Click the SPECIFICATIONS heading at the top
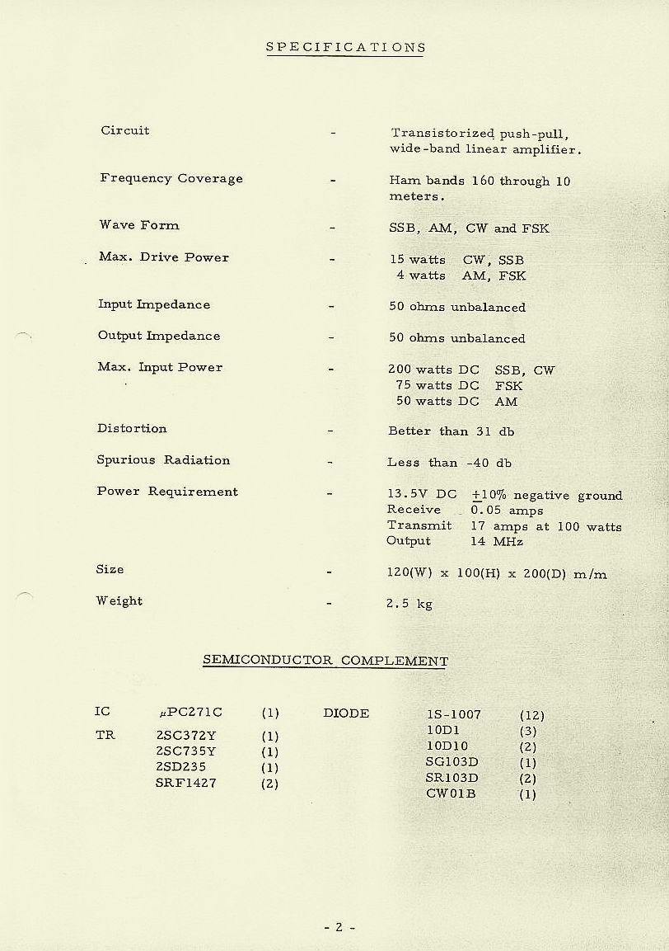click(345, 47)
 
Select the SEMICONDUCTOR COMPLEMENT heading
click(325, 661)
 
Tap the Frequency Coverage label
click(171, 178)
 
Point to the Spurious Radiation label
click(163, 460)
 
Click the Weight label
click(119, 601)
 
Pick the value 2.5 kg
click(409, 604)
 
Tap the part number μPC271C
click(190, 713)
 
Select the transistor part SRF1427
click(185, 783)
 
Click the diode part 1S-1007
click(453, 715)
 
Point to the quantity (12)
click(532, 716)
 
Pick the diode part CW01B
click(451, 794)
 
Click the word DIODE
click(346, 713)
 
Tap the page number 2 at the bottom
click(339, 927)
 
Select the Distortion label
click(132, 429)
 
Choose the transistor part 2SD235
click(180, 767)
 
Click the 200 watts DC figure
click(433, 370)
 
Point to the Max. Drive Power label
click(164, 257)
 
